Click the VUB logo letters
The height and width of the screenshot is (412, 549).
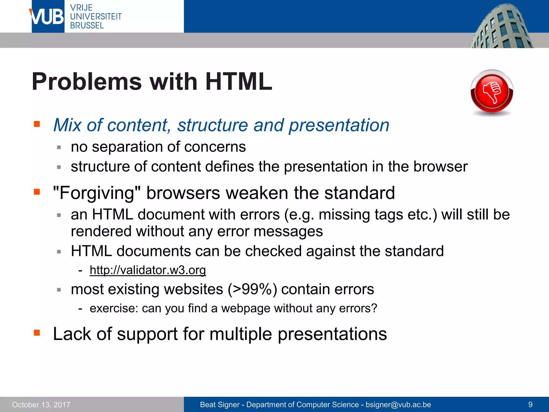coord(48,17)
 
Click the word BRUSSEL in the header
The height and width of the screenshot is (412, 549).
coord(87,25)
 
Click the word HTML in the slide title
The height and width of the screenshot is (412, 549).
coord(239,82)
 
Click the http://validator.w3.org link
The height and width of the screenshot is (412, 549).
coord(148,270)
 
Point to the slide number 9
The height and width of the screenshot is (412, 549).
coord(530,404)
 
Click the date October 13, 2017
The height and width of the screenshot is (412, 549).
coord(41,405)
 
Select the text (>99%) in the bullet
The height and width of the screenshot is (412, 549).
coord(252,289)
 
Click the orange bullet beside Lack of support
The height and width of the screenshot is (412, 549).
coord(37,333)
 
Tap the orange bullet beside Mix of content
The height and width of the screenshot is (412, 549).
coord(37,124)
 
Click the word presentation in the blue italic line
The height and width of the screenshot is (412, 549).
coord(339,125)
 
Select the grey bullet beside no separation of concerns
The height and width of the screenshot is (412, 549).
coord(59,147)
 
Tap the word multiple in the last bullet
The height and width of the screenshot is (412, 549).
coord(240,334)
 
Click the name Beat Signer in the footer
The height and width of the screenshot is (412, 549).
coord(220,404)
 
